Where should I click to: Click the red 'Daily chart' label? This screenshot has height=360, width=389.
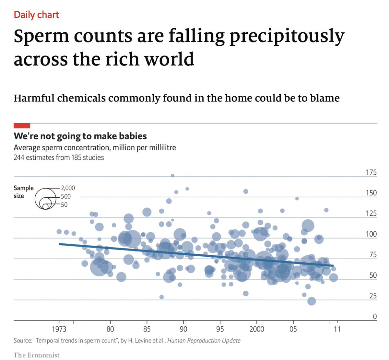(x=36, y=15)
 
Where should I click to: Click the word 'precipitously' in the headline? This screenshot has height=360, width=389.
(x=287, y=36)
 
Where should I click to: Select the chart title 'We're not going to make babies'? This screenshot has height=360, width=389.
(x=80, y=136)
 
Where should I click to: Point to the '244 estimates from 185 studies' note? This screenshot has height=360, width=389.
(x=59, y=158)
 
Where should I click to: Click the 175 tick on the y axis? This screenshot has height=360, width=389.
(x=371, y=172)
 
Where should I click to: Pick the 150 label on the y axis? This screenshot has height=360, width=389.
(x=371, y=193)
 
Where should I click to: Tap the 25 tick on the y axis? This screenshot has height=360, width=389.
(x=372, y=296)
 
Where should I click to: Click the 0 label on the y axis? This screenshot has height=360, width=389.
(x=375, y=317)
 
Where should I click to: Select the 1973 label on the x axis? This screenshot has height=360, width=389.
(x=59, y=329)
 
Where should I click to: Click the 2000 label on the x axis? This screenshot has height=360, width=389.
(x=256, y=329)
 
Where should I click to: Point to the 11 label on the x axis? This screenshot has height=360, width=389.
(x=337, y=329)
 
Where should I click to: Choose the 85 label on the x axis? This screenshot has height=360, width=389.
(x=147, y=329)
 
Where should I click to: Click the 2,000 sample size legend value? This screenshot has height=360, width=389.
(x=68, y=188)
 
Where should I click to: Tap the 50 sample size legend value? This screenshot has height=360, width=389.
(x=64, y=205)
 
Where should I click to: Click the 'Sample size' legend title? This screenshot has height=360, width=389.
(x=23, y=192)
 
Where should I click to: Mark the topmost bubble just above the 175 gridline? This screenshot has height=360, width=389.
(x=172, y=176)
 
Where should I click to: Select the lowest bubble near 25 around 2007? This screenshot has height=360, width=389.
(x=312, y=301)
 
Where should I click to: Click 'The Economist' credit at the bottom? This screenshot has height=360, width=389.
(x=36, y=355)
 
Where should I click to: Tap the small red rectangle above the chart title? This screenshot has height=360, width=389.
(x=22, y=126)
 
